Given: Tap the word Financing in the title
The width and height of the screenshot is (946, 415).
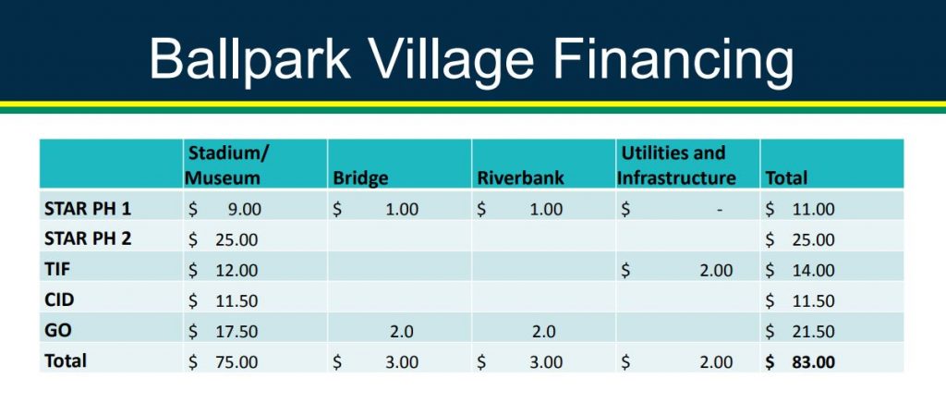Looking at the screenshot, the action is [x=673, y=62].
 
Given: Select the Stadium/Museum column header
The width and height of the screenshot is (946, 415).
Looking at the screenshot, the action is [x=225, y=165].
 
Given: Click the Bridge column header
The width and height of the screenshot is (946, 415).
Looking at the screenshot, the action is [x=360, y=178].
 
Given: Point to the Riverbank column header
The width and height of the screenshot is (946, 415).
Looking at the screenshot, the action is [x=521, y=178].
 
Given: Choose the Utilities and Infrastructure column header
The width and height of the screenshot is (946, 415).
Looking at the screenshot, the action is [x=676, y=165].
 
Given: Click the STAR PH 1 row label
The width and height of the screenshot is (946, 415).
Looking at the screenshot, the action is [x=88, y=209].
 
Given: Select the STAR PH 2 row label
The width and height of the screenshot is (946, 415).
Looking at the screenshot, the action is [x=88, y=238].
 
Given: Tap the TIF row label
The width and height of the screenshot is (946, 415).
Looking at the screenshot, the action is [x=56, y=270].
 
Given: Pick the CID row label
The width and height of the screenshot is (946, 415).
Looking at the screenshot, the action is [x=58, y=299].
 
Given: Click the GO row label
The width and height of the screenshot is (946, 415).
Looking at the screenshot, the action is [x=57, y=331].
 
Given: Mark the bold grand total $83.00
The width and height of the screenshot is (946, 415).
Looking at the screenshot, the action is [x=800, y=362].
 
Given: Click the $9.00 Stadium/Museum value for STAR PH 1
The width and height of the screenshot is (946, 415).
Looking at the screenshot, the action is [x=225, y=209].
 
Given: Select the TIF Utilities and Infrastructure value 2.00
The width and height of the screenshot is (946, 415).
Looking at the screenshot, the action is [x=716, y=270].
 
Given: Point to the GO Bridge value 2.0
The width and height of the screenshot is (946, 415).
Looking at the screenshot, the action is [x=399, y=331].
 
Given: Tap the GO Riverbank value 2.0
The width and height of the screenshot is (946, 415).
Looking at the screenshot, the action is [x=542, y=331].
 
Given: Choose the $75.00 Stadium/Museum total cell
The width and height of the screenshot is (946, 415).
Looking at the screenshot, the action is [x=224, y=362].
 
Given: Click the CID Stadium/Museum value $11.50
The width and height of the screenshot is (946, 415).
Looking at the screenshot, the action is [x=224, y=300].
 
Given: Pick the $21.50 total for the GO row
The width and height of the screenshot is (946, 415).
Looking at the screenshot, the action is [x=800, y=331].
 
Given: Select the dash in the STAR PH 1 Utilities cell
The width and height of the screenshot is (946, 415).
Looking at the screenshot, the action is [x=719, y=210].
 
